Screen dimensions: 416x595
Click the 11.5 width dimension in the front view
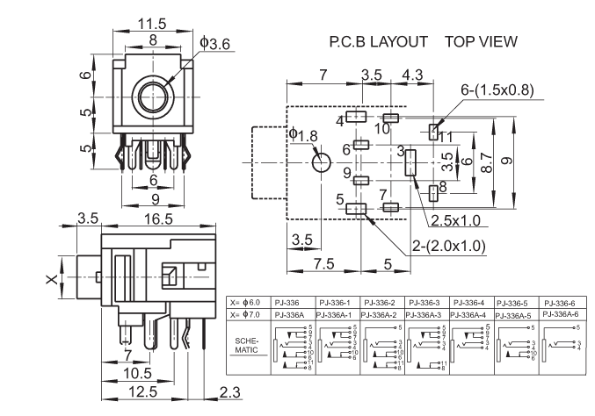[x=151, y=25]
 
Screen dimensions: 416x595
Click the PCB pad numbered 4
[x=356, y=117]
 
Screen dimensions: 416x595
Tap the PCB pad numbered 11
[x=433, y=133]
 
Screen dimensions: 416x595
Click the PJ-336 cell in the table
[x=288, y=300]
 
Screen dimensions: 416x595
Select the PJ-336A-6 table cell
[x=560, y=314]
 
